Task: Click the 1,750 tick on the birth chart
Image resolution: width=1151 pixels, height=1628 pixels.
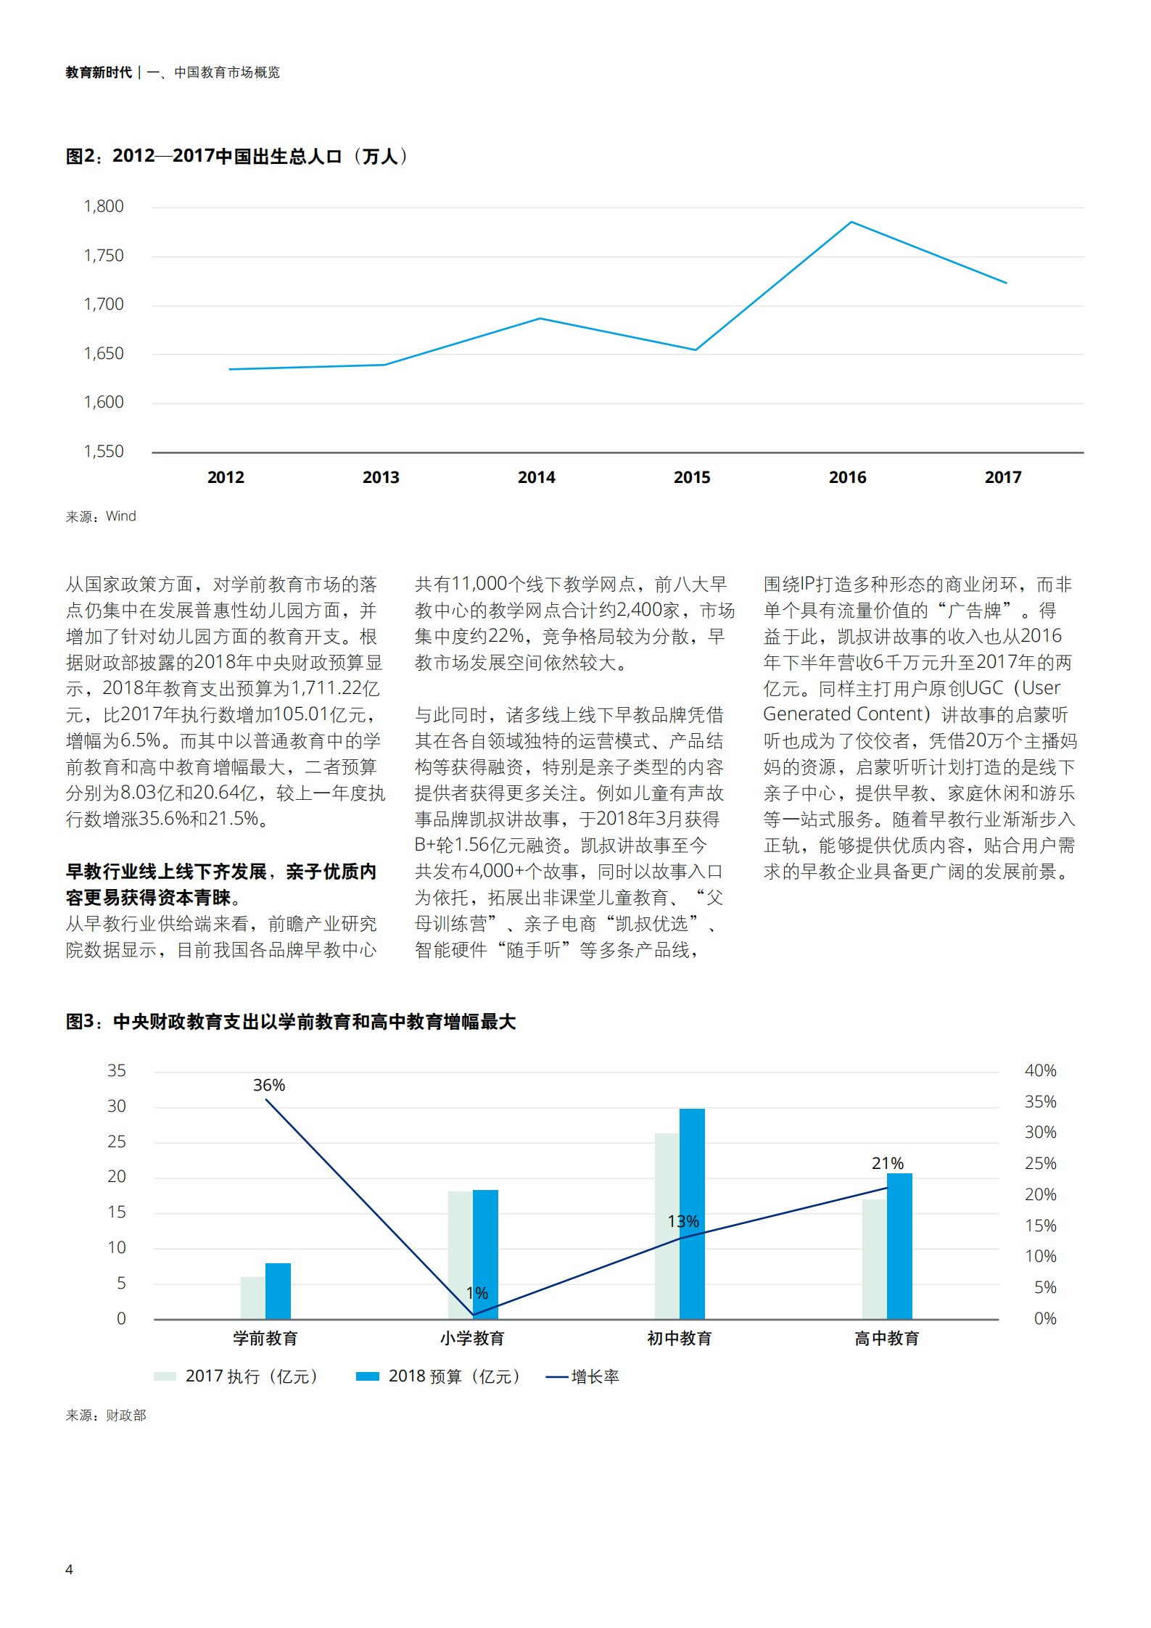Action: (104, 256)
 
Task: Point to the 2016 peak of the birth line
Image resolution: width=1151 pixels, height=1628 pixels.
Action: (851, 222)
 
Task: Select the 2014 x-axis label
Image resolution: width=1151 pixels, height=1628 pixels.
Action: (536, 477)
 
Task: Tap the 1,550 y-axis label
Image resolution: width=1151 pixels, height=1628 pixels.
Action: (104, 452)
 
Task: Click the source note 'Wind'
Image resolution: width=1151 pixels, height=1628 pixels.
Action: (120, 516)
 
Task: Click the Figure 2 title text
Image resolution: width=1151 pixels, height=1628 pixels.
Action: (236, 157)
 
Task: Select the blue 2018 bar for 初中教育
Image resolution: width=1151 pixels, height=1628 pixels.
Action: (692, 1214)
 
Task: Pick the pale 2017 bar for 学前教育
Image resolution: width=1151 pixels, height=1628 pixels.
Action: (253, 1298)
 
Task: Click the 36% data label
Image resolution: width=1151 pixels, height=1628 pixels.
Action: (269, 1086)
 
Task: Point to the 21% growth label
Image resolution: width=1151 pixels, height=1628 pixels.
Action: (888, 1164)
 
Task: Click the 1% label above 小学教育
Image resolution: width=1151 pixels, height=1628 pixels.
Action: (477, 1293)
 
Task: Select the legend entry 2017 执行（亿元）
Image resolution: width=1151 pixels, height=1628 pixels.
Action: (251, 1376)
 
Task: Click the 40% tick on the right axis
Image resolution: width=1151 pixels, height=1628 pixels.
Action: (1040, 1071)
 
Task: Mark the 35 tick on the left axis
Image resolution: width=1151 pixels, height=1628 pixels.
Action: (116, 1071)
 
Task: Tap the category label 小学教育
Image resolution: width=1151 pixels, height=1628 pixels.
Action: (472, 1339)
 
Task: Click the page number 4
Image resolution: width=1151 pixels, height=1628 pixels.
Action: (69, 1569)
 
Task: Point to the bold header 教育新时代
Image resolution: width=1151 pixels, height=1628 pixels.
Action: (99, 73)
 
